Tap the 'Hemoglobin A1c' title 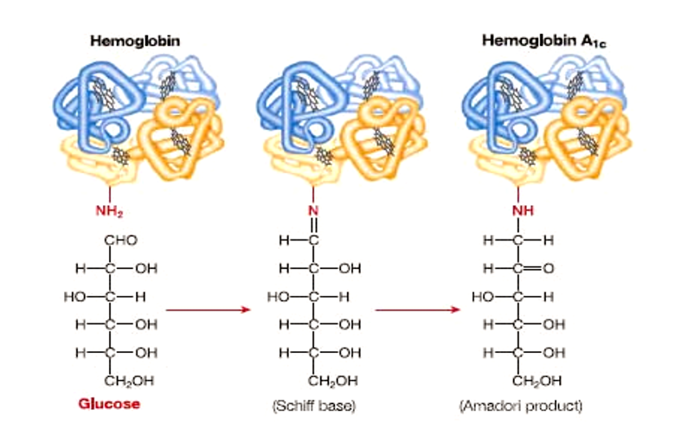531,40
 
